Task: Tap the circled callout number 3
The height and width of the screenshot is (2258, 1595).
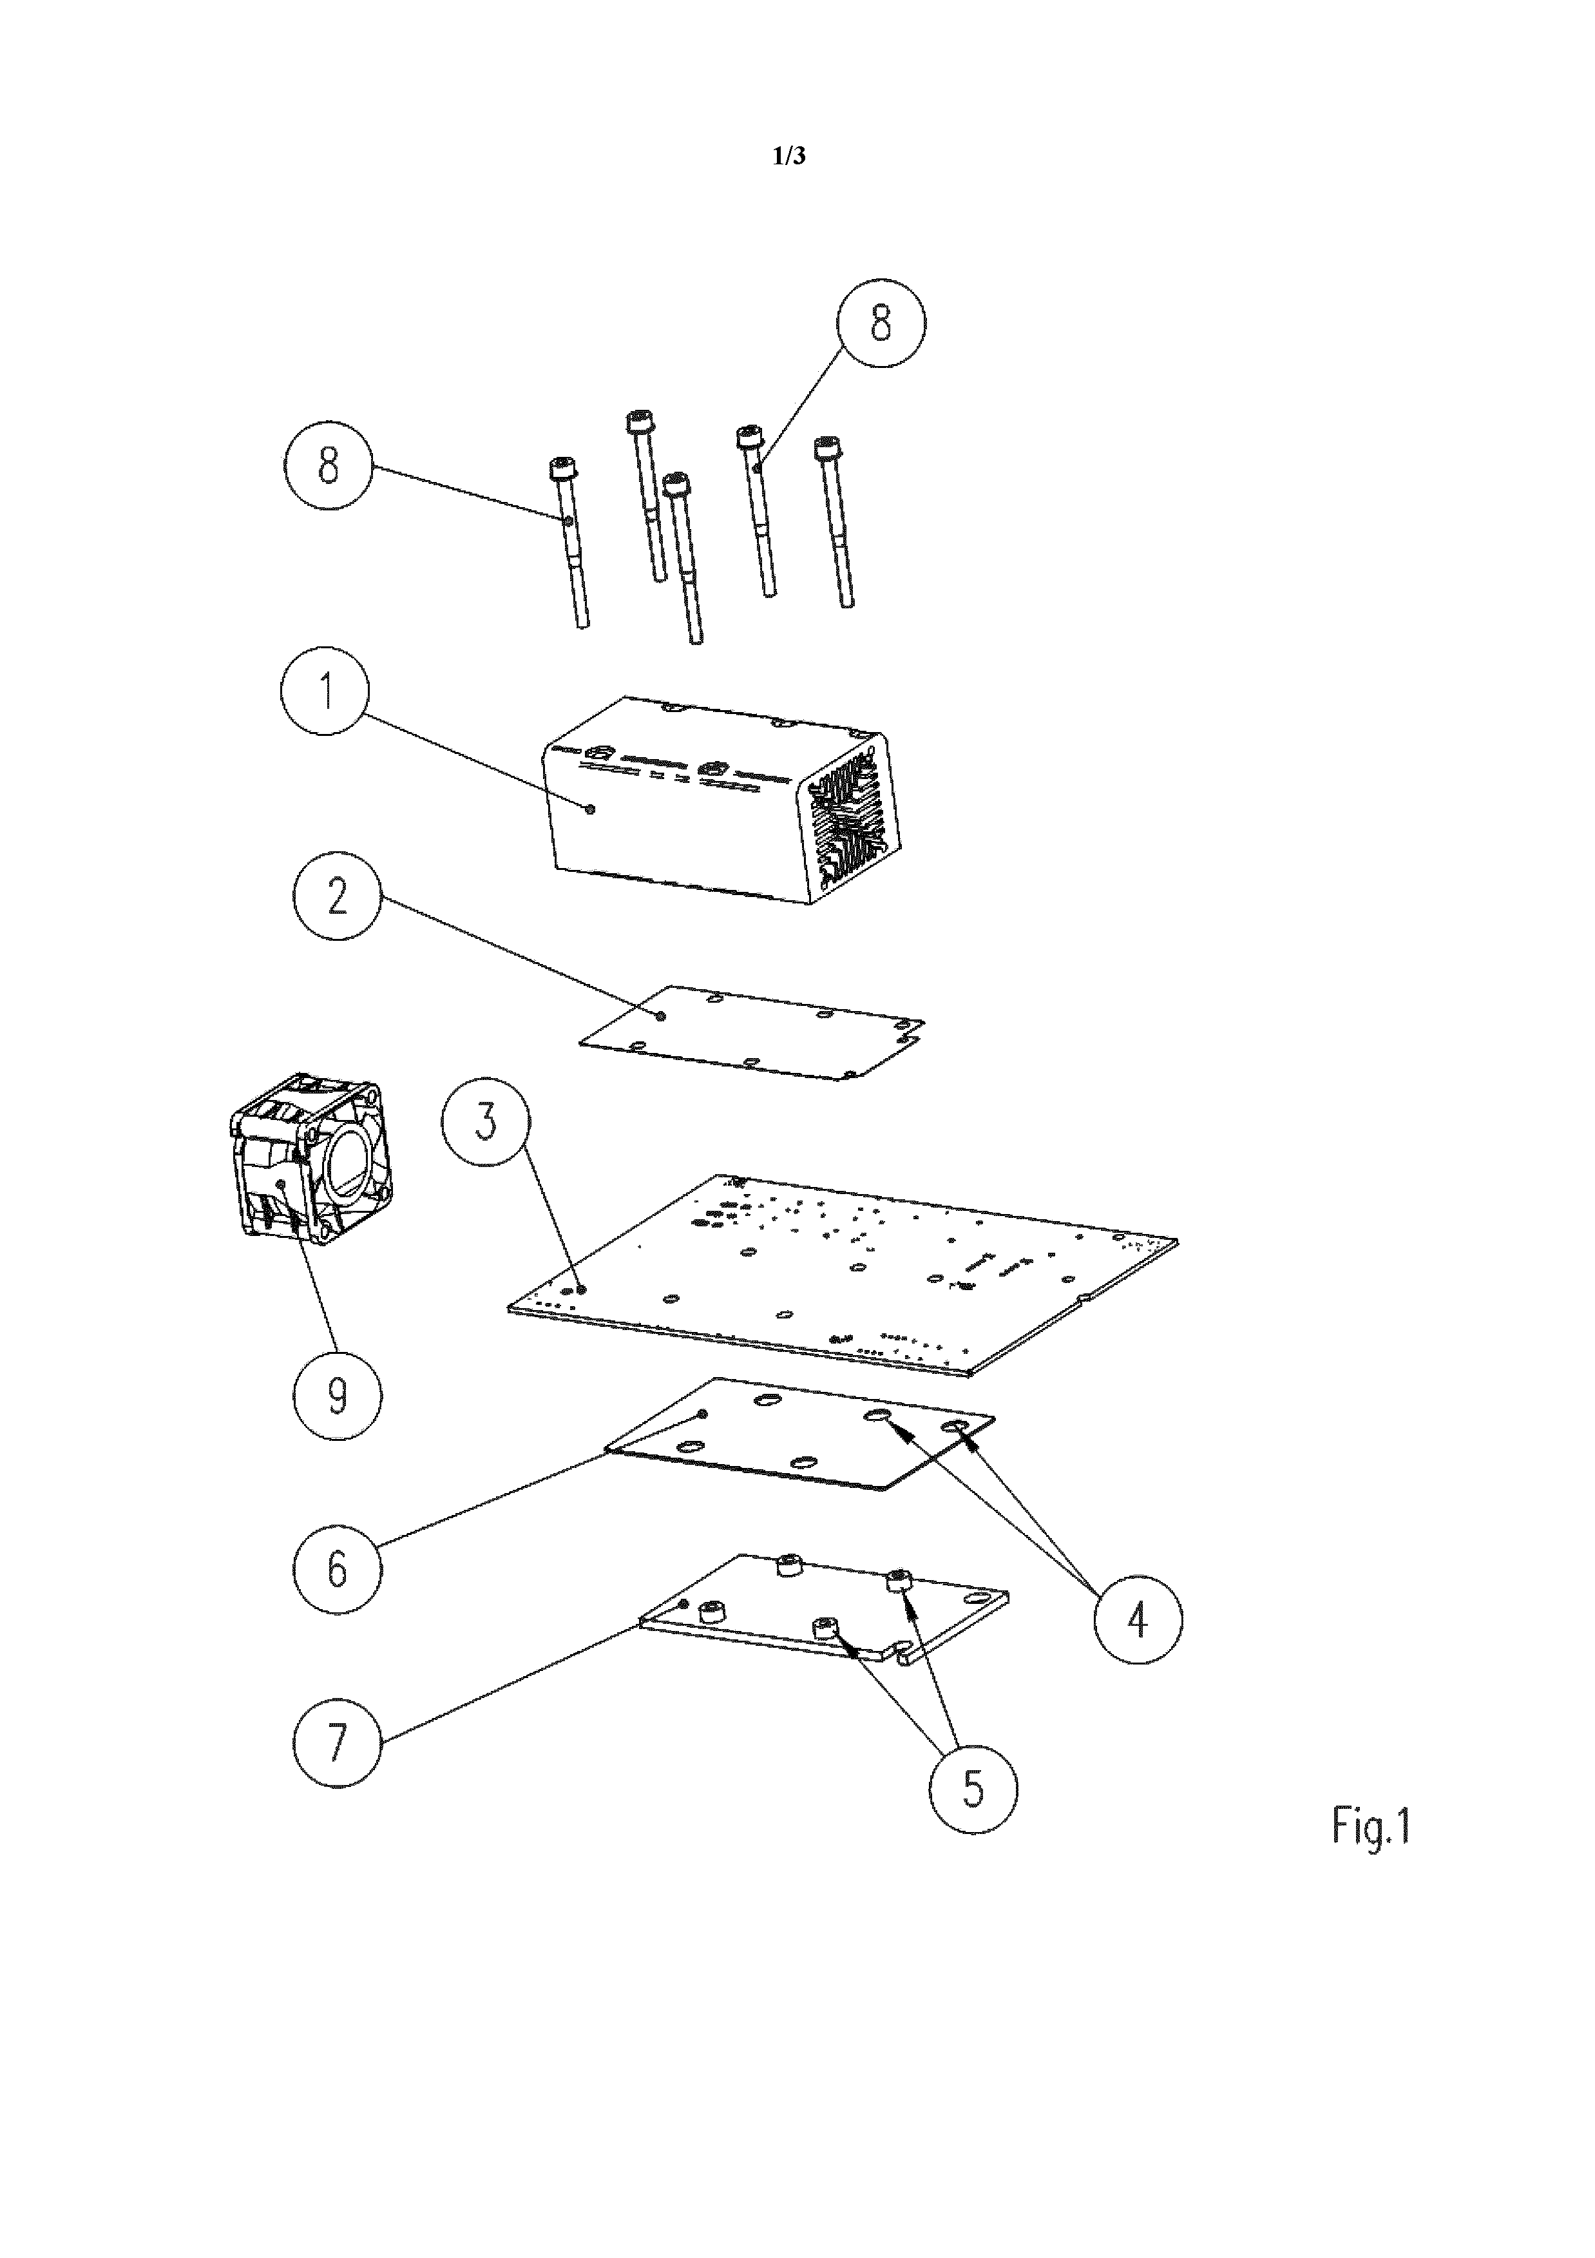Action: click(x=486, y=1122)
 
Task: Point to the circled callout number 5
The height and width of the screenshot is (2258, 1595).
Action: click(x=973, y=1789)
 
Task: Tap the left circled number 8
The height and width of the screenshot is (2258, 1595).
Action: click(x=329, y=465)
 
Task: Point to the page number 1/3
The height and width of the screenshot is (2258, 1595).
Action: click(x=790, y=155)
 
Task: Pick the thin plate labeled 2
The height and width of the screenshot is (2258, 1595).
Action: click(x=752, y=1032)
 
